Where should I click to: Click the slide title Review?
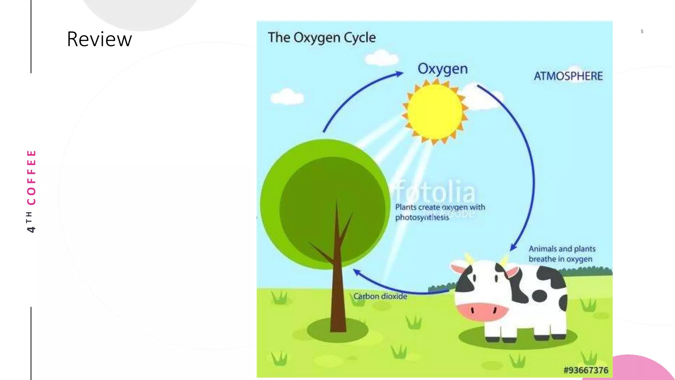[x=99, y=39]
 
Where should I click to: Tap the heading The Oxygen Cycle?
[x=321, y=38]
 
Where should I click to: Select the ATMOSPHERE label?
[x=568, y=76]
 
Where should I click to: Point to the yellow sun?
[x=435, y=112]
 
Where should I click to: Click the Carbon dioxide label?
[x=380, y=296]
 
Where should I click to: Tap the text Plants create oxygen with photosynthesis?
[x=440, y=212]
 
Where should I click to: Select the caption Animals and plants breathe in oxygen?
[x=562, y=254]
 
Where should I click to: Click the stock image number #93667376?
[x=586, y=370]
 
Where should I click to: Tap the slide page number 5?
[x=642, y=32]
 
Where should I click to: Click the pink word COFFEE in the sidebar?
[x=31, y=177]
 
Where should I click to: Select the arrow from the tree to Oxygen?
[x=356, y=95]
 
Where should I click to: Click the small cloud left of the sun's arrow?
[x=287, y=97]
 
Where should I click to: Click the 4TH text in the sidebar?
[x=30, y=222]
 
